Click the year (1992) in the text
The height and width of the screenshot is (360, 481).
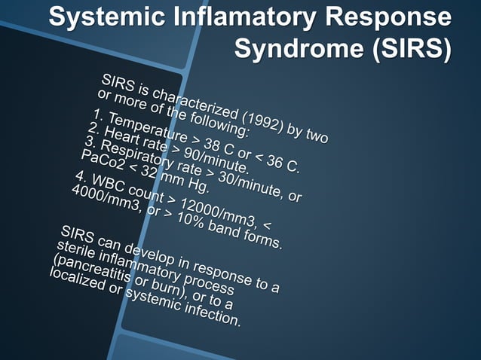pos(257,120)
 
